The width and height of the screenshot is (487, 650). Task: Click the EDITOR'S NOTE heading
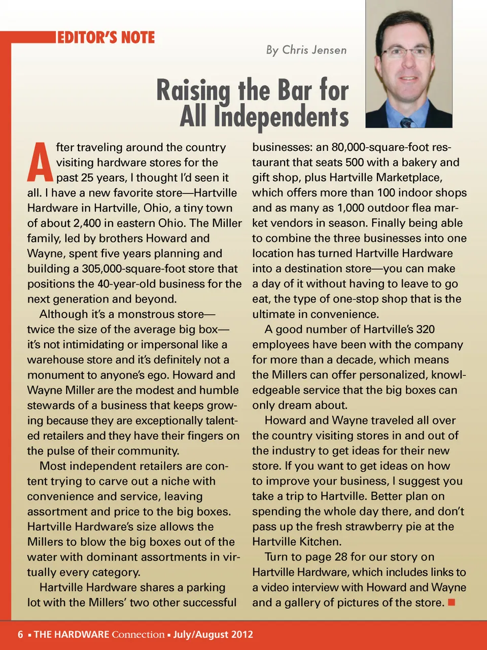(x=106, y=38)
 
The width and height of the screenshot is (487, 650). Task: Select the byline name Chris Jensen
(x=314, y=50)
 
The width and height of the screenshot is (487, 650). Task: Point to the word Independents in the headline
(x=281, y=117)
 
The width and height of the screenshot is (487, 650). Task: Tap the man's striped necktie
(x=406, y=122)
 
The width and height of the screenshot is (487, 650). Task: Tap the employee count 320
(x=425, y=329)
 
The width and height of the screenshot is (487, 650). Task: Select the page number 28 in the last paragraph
(x=341, y=557)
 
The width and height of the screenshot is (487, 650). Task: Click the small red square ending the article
(x=451, y=602)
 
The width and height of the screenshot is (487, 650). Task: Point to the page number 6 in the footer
(x=20, y=634)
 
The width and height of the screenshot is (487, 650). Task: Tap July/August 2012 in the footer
(x=213, y=634)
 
